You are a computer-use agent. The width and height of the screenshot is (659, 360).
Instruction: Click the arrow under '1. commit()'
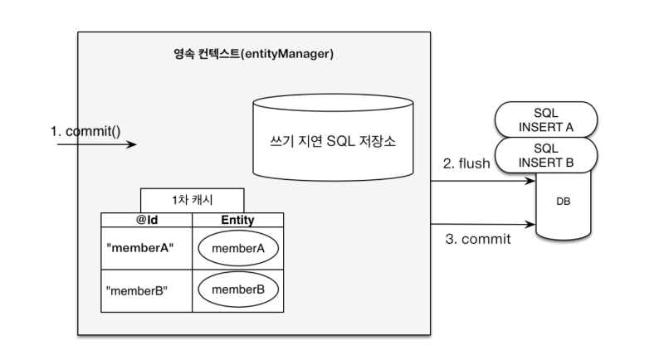coord(96,144)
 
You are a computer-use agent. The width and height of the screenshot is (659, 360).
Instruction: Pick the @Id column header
coord(146,220)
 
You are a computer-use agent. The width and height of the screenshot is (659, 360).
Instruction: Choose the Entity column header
coord(237,220)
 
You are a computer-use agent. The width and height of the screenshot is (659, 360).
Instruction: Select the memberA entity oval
coord(237,249)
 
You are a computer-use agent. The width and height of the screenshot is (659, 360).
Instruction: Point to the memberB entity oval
coord(237,290)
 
